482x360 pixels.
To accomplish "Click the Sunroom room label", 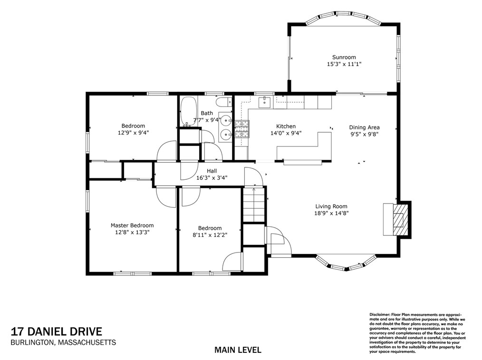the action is [344, 57].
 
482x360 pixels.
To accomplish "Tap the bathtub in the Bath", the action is [188, 111].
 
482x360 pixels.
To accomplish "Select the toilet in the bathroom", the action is [224, 101].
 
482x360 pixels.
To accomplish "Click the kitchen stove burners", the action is [242, 129].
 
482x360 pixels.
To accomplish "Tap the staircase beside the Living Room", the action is [254, 204].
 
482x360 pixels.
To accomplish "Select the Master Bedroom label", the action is [132, 225].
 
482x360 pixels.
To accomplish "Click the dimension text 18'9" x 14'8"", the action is [331, 213].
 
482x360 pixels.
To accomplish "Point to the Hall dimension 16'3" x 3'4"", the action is [212, 178].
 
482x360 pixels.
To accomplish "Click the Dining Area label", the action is [364, 127].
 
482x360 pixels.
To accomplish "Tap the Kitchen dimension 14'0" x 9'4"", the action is [286, 133].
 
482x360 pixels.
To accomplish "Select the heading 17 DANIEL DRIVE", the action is [57, 332].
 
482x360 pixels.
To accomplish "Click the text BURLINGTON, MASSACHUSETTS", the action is [63, 342].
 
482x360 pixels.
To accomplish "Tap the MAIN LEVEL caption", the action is [238, 350].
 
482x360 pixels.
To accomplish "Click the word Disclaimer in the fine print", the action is [379, 314].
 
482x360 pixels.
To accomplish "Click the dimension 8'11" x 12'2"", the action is [210, 235].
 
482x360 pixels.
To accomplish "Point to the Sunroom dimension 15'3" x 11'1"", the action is [344, 64].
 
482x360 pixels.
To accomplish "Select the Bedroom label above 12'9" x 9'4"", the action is [133, 126].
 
